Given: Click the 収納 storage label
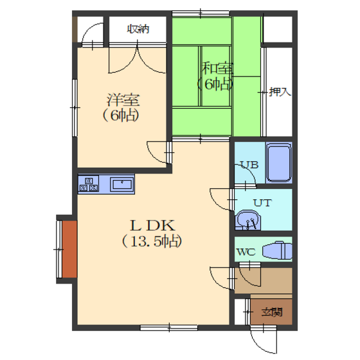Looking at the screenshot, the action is coord(138,29).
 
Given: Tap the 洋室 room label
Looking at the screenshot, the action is coord(123,100).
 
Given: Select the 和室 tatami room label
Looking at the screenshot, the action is coord(217,68).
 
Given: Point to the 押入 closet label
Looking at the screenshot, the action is coord(280,92).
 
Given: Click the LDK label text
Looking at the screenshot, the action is coord(153,226).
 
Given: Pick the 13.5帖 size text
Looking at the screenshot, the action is coord(152,241).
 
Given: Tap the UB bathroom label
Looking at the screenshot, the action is coord(249,165).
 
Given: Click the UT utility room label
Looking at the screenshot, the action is coord(262,203).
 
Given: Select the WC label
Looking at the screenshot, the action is coord(246,252).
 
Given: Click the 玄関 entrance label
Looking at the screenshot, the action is coord(272,312).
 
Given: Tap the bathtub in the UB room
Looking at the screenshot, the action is coord(279,163).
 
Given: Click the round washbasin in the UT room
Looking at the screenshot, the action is coord(248,220).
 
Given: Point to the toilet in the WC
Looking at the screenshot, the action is coord(277,251).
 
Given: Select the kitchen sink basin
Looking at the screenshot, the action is coord(122,184).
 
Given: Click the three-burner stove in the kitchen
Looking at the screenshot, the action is coord(89,184).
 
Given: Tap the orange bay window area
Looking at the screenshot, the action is coord(69,249).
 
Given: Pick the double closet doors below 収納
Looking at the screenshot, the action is coord(138,59).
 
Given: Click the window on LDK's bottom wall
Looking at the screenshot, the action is coord(169,328).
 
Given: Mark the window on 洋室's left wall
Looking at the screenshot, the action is coord(75,108).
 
